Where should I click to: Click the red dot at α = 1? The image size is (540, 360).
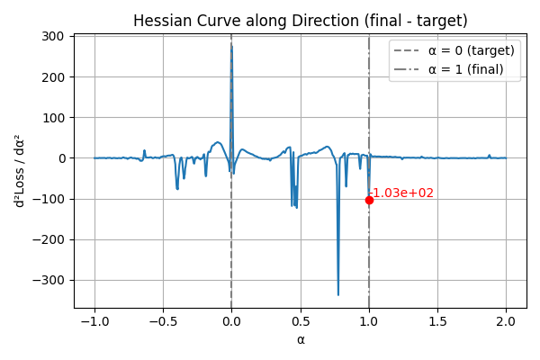coord(369,200)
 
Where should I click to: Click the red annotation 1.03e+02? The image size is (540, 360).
coord(403,193)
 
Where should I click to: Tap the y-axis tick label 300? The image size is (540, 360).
coord(51,36)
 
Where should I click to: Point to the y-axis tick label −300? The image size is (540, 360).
coord(47,280)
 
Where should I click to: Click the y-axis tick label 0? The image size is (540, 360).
coord(59,158)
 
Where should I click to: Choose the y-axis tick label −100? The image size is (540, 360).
coord(47,199)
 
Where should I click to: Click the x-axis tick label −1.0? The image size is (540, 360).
coord(94,320)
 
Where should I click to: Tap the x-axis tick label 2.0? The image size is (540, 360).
coord(506,320)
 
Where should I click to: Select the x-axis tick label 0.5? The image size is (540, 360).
coord(301,320)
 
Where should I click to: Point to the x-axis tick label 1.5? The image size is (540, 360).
coord(437,320)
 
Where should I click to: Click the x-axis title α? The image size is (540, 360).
coord(301,339)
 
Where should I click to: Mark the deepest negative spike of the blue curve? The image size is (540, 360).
coord(338,294)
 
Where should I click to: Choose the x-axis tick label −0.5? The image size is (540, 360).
coord(162,320)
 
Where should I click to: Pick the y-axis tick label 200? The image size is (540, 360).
coord(51,76)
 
